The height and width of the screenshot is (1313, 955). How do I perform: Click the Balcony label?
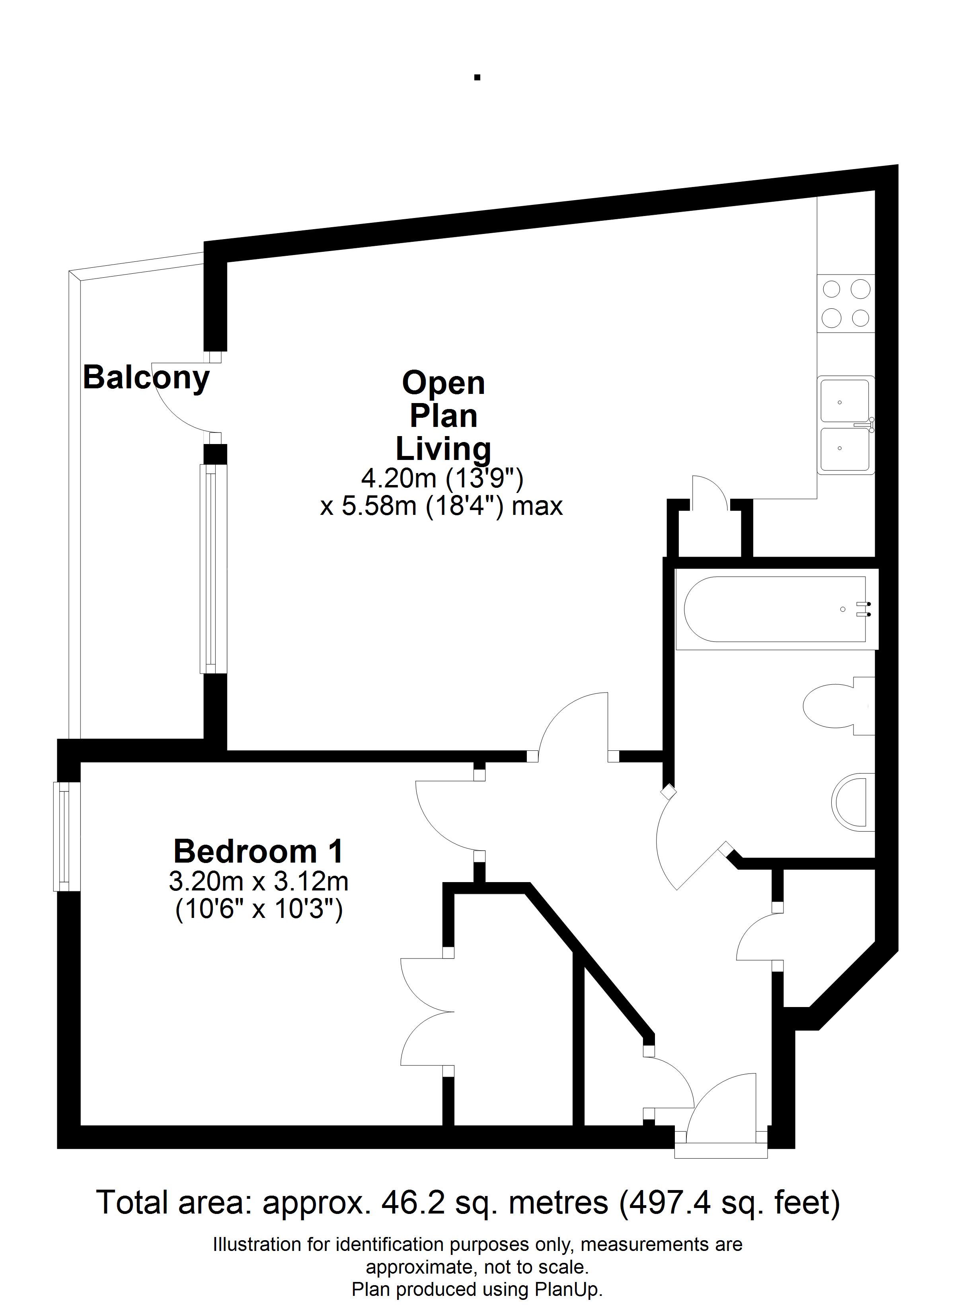coord(146,378)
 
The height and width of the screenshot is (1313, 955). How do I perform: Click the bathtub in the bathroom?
coord(776,609)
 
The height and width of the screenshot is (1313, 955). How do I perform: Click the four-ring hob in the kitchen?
coord(846,303)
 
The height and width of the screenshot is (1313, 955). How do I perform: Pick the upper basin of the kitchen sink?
coord(846,399)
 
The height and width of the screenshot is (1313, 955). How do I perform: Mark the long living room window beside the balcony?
coord(213,569)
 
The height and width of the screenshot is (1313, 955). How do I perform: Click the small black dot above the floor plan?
coord(477,77)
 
